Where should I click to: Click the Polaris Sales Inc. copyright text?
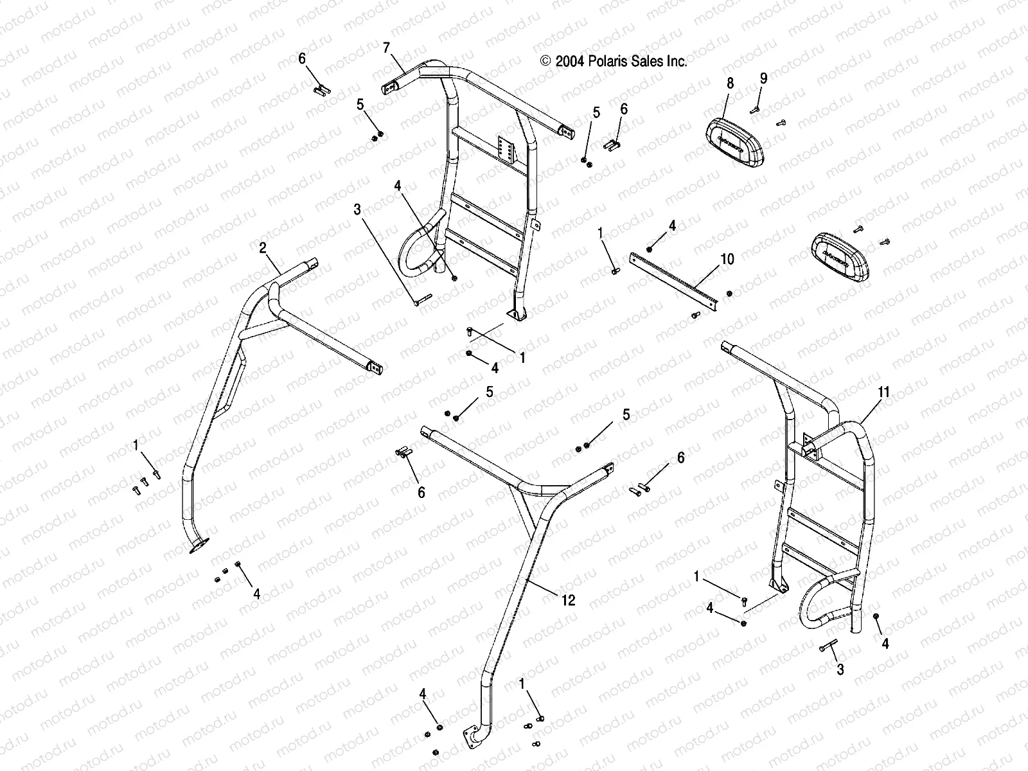pos(614,62)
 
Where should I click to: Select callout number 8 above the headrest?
pos(730,83)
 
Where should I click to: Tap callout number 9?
pos(763,78)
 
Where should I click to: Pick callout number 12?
pos(568,601)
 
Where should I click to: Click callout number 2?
pos(263,247)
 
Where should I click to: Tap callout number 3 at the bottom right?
pos(840,670)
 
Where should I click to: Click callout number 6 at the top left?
pos(302,59)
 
